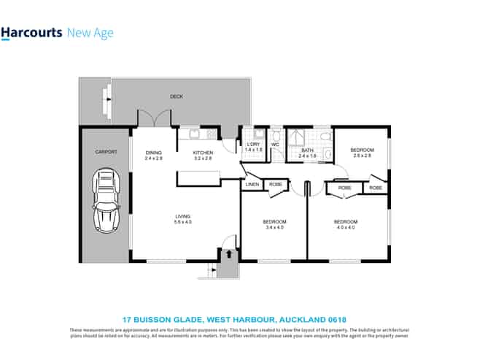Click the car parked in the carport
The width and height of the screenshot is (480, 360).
(105, 199)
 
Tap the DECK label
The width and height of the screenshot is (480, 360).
(176, 96)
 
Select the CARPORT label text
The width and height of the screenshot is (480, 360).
(105, 152)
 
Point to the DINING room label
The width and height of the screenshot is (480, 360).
(152, 152)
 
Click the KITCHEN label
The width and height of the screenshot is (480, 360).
(203, 152)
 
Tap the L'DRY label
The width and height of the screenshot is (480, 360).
(253, 145)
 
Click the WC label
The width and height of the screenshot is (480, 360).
(275, 145)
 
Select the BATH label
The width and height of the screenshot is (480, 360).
(307, 150)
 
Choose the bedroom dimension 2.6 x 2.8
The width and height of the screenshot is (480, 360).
(362, 155)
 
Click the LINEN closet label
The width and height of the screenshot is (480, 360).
(252, 185)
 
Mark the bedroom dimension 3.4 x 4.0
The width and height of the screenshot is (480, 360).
(274, 227)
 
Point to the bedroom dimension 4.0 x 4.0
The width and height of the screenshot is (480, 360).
(345, 227)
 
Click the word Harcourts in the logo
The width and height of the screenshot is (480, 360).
(31, 33)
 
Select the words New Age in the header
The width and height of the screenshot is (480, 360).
(90, 33)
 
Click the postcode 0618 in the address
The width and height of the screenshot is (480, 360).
(336, 319)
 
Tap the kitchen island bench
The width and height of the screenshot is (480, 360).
(198, 177)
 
